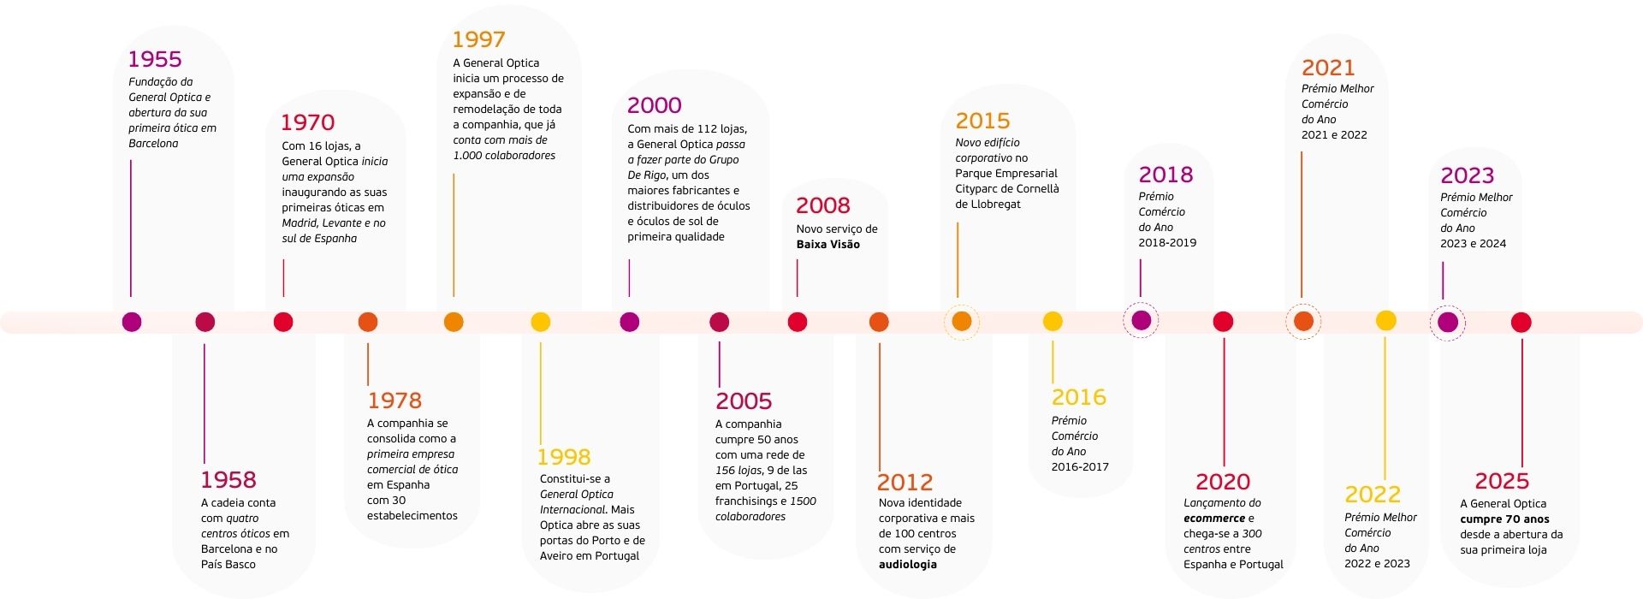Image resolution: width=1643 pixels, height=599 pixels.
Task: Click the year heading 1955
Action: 155,59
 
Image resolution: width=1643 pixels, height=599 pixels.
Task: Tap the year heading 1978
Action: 394,400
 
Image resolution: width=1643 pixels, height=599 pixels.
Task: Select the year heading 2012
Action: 905,483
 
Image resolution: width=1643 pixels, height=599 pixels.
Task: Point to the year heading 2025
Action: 1502,481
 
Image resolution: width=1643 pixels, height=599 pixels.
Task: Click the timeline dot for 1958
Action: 205,322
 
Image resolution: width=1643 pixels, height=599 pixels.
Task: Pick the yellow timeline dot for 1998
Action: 540,322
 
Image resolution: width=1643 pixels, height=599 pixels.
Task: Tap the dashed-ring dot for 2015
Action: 962,322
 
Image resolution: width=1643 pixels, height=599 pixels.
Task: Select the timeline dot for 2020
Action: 1223,322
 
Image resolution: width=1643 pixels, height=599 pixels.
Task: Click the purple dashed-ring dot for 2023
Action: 1447,322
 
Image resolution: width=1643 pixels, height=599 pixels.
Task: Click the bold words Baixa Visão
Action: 827,245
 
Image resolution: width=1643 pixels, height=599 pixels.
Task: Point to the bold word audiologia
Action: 907,565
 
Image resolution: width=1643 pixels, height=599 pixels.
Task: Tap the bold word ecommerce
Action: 1213,519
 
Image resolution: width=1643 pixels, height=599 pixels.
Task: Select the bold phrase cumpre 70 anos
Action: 1504,519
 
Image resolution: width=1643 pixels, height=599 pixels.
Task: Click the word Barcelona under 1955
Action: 153,144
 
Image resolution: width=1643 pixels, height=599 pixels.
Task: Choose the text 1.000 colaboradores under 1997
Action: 504,156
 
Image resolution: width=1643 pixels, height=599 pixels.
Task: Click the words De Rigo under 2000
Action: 646,175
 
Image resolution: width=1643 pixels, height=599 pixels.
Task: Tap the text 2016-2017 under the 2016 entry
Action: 1080,467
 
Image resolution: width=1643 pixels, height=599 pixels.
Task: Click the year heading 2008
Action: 822,205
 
